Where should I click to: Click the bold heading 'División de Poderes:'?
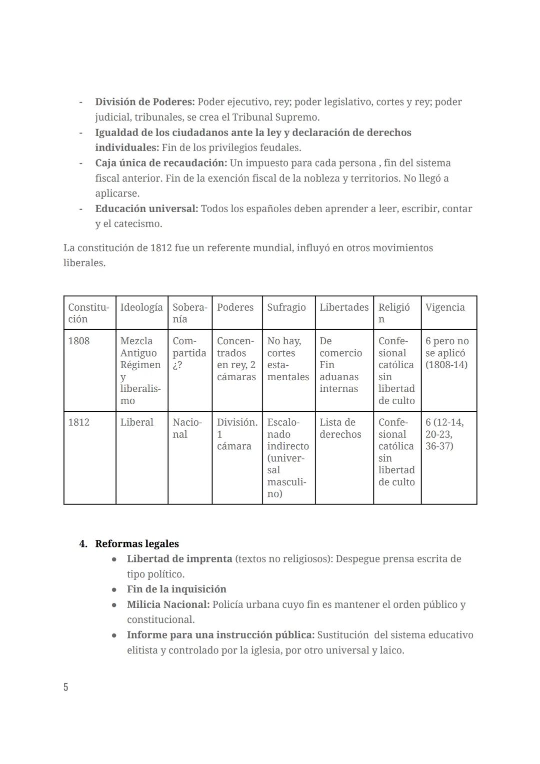click(x=144, y=102)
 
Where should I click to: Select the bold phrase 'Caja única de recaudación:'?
click(x=161, y=163)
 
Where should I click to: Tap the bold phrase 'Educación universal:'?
click(x=146, y=209)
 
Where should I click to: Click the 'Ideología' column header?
click(x=141, y=308)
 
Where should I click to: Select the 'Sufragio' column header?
click(x=286, y=308)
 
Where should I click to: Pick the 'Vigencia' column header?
click(x=444, y=308)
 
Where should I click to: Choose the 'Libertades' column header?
click(x=344, y=308)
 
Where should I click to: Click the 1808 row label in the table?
click(x=79, y=341)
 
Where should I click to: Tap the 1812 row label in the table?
click(x=79, y=422)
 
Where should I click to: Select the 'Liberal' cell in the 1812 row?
click(x=136, y=422)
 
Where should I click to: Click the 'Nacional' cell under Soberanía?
click(x=187, y=428)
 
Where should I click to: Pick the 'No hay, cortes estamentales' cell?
click(x=287, y=359)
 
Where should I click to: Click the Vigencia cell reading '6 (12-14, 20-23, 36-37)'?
click(x=444, y=434)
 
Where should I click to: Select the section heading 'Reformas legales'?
click(x=136, y=544)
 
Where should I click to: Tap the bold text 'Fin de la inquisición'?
click(x=176, y=589)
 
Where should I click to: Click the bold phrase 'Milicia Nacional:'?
click(x=168, y=604)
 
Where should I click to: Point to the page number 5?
click(x=65, y=687)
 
